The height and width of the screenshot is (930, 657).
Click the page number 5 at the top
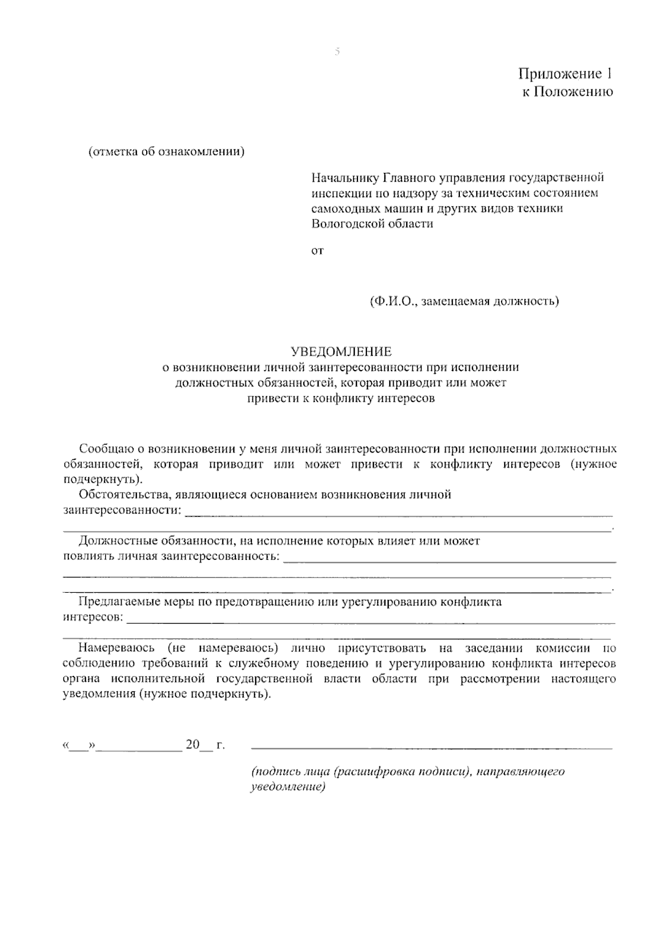point(337,52)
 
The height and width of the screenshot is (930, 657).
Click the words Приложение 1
point(566,74)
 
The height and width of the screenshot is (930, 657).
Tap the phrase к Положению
point(567,91)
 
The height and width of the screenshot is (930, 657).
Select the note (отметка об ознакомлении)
point(166,152)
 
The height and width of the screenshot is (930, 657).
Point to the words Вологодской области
point(372,223)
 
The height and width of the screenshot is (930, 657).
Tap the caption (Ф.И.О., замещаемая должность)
point(464,301)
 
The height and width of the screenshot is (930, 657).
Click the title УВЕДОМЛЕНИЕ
point(341,351)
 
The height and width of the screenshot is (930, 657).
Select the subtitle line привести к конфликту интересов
point(341,398)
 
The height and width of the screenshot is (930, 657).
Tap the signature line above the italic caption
point(431,747)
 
